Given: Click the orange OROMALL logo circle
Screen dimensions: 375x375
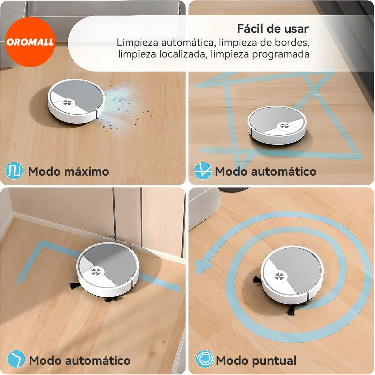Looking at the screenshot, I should [30, 42].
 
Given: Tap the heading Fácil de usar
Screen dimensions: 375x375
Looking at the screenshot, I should [272, 29].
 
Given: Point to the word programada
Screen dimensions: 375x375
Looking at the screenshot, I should [280, 54].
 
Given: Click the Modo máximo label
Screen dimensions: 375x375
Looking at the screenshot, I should [68, 171].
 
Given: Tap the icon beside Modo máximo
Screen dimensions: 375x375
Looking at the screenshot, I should [14, 171].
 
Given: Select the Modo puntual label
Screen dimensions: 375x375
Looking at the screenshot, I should [256, 360].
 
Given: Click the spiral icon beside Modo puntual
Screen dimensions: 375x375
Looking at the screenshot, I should [204, 359].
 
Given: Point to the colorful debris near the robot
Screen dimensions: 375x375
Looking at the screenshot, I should [125, 106].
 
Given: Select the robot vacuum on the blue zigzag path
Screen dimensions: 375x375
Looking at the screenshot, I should [277, 125].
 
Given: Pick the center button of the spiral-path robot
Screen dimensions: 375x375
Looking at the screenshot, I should [279, 276].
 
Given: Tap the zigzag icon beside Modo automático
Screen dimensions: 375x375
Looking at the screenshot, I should [202, 171].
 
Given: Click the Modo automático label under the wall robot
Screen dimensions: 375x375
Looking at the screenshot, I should [80, 360].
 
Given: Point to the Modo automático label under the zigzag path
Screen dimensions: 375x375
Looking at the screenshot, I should [266, 171].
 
